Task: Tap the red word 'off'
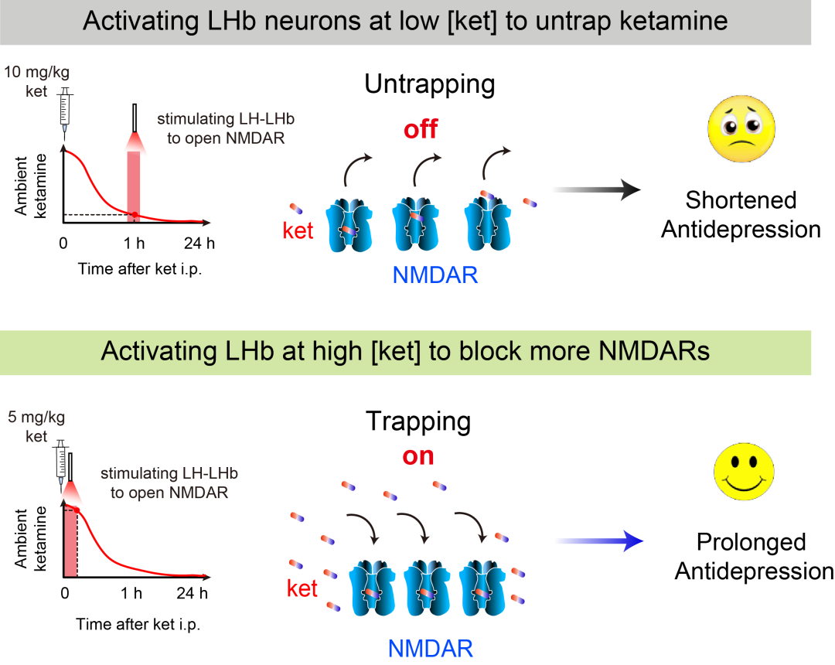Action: (x=421, y=129)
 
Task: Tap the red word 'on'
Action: (x=418, y=456)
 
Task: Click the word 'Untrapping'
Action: (x=430, y=84)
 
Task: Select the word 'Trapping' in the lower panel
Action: (x=418, y=422)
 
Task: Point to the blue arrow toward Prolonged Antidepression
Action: (x=599, y=541)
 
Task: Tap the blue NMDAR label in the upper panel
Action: (x=435, y=275)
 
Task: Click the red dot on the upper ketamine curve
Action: (x=135, y=214)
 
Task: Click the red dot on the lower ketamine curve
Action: (x=77, y=510)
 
